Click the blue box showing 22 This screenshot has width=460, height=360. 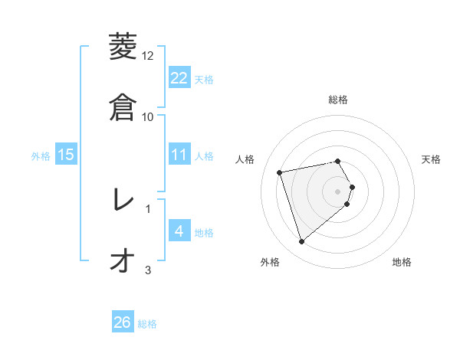tap(179, 77)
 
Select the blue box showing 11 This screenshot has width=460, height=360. tap(179, 155)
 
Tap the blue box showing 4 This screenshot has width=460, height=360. tap(179, 231)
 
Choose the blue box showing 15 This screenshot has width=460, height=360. tap(66, 155)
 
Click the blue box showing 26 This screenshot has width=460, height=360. tap(123, 322)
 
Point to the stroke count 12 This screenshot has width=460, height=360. tap(148, 56)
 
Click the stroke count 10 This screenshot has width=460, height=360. tap(148, 116)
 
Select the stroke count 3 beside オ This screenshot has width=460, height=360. tap(148, 270)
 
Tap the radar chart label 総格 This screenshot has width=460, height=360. tap(338, 100)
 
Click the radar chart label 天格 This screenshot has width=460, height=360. tap(432, 159)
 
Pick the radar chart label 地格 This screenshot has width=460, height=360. tap(402, 263)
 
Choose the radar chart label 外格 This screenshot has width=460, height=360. tap(270, 263)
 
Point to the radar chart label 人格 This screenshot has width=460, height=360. tap(245, 159)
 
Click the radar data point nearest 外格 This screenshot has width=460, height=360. tap(301, 242)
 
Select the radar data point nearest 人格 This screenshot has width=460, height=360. tap(280, 172)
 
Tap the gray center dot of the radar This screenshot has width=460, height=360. tap(337, 190)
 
